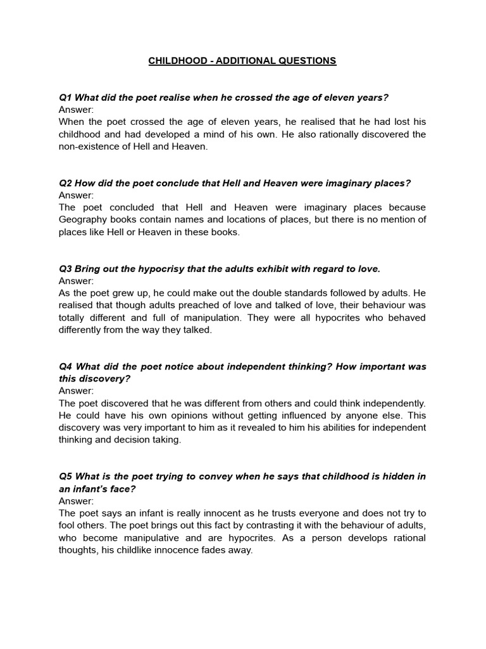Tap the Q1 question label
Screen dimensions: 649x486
pyautogui.click(x=65, y=98)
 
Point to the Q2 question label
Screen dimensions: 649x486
pyautogui.click(x=65, y=183)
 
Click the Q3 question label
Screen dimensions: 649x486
pyautogui.click(x=65, y=269)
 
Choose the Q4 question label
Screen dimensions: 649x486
pyautogui.click(x=65, y=367)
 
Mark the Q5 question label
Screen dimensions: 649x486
pyautogui.click(x=65, y=477)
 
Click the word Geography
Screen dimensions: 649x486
pyautogui.click(x=84, y=220)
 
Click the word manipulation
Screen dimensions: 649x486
pyautogui.click(x=209, y=318)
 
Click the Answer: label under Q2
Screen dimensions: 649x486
pyautogui.click(x=76, y=195)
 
